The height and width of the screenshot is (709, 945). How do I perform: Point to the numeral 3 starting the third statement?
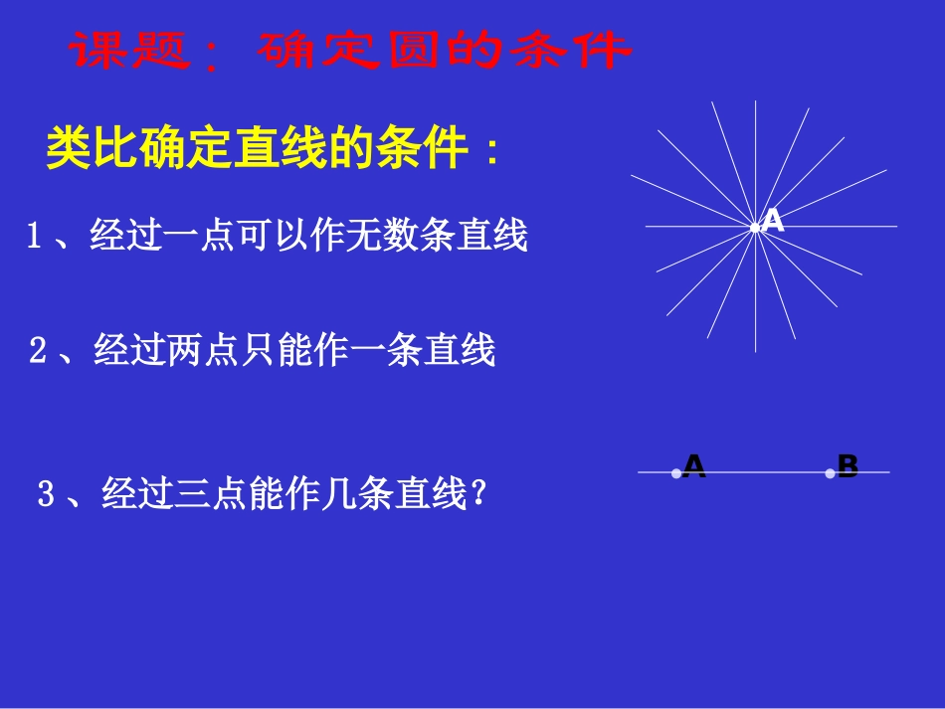point(45,494)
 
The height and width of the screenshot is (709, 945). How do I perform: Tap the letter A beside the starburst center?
point(774,222)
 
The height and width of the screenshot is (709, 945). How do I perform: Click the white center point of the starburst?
point(755,228)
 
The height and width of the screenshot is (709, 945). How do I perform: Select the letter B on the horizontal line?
point(848,466)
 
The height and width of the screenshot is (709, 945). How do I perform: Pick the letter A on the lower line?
point(694,466)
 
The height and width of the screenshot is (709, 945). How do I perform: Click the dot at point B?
point(830,473)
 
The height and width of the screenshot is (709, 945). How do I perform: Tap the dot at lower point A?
point(676,473)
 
